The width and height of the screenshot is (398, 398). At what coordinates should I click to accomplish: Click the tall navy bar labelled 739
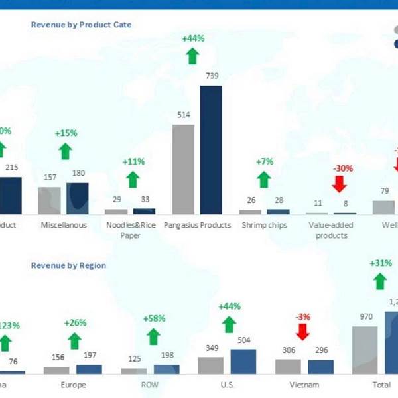[x=210, y=149]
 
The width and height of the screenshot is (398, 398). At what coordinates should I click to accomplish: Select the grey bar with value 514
[x=183, y=169]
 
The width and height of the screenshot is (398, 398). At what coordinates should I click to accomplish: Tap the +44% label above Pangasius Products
[x=192, y=38]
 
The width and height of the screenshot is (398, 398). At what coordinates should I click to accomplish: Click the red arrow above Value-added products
[x=342, y=185]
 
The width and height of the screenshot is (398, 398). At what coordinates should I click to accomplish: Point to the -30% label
[x=342, y=168]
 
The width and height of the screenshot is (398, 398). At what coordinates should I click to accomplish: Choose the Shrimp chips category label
[x=264, y=225]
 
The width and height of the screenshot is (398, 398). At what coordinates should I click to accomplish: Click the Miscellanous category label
[x=64, y=225]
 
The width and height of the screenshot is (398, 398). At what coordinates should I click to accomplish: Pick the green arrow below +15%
[x=65, y=151]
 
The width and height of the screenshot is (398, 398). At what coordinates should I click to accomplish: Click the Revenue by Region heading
[x=68, y=265]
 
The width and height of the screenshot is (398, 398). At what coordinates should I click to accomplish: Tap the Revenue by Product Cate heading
[x=81, y=25]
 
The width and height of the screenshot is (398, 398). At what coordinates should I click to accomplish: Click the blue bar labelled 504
[x=243, y=362]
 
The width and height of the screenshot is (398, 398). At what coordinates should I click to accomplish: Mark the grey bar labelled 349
[x=210, y=366]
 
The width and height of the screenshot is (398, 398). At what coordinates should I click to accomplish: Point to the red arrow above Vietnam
[x=302, y=332]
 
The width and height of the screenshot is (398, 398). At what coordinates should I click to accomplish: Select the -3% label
[x=302, y=317]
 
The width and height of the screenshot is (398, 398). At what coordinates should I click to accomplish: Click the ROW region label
[x=150, y=384]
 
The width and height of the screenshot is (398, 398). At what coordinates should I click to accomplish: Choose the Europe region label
[x=73, y=384]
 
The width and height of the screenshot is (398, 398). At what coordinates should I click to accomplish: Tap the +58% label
[x=155, y=319]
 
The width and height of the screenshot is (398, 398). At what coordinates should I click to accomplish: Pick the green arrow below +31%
[x=380, y=281]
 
